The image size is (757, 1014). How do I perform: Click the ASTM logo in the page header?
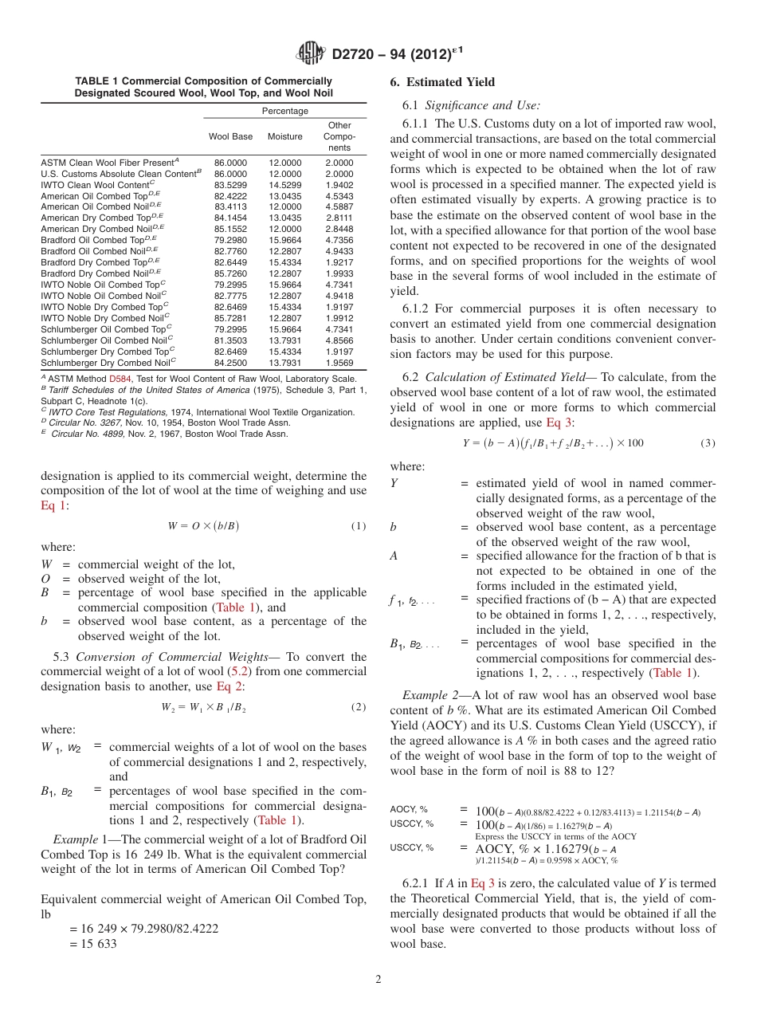311,53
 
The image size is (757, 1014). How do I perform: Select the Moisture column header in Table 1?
284,136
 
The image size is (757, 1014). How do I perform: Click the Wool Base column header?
230,136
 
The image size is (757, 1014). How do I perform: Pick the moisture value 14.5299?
284,184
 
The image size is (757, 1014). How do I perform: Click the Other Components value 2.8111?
339,218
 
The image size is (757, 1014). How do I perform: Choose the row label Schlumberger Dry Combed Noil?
108,362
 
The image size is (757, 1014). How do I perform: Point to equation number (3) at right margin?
708,442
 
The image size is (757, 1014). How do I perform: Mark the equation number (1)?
359,525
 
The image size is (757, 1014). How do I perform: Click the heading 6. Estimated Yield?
442,82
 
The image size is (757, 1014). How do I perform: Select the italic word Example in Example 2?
423,696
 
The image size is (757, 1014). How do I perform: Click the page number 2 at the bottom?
378,979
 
